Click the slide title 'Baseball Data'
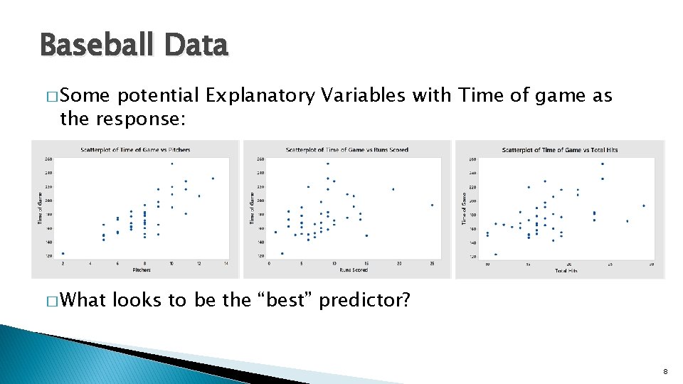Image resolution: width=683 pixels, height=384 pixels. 134,46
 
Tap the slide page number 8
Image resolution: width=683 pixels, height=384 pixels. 665,372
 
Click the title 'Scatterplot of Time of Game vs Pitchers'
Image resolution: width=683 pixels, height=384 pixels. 135,150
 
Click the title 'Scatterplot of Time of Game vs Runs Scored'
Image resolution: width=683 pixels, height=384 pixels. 346,150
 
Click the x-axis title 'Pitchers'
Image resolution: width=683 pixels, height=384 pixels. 142,270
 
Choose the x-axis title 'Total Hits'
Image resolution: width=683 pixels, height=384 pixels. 566,271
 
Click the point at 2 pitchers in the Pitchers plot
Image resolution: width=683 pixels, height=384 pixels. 63,253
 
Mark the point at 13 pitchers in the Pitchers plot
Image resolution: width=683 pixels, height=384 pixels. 213,178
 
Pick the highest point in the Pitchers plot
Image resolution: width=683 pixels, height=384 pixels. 171,164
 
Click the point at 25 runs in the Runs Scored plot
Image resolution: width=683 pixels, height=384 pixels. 432,205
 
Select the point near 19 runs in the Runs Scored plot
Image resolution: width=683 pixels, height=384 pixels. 393,189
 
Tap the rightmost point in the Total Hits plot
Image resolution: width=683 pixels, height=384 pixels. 644,206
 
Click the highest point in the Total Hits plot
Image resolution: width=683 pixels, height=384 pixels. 603,164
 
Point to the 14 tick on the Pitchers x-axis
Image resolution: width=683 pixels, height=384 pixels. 226,264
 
